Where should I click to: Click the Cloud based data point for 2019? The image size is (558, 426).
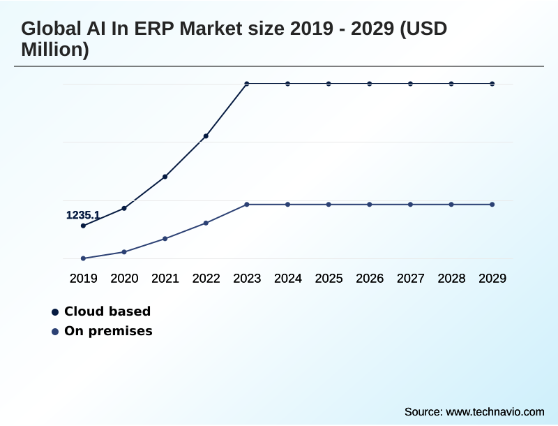83,226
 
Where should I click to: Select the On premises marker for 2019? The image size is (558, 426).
83,258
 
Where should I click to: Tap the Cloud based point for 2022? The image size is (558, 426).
206,136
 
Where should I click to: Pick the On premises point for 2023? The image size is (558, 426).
247,205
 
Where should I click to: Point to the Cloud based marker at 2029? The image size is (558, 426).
492,84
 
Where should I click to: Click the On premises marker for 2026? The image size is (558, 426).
370,205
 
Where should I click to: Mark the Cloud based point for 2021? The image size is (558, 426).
165,177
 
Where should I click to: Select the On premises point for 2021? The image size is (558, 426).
165,239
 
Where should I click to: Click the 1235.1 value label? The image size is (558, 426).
83,215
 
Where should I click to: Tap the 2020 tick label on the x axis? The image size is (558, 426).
124,279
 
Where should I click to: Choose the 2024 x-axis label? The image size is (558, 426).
288,279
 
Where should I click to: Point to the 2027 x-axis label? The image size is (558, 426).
411,279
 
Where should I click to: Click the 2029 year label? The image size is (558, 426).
492,279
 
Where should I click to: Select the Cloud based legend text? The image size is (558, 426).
107,311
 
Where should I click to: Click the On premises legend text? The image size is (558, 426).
108,331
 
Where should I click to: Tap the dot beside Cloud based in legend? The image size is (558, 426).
55,311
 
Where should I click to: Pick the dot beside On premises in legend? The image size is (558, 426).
55,331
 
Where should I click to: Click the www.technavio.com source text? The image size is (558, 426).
495,411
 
